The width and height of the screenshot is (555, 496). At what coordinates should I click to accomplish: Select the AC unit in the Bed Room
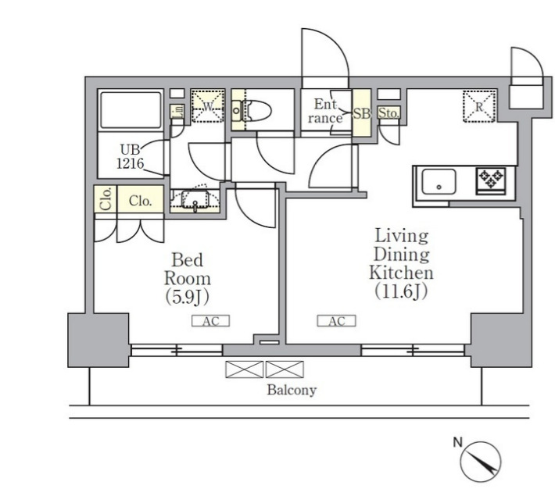[210, 321]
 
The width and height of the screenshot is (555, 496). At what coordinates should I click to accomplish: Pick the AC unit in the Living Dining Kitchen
[336, 321]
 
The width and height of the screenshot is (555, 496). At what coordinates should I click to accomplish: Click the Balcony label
[292, 390]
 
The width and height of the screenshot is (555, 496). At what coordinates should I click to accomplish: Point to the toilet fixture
[252, 111]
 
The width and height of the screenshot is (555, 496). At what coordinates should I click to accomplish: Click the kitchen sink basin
[439, 181]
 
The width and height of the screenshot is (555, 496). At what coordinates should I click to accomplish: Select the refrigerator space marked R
[479, 106]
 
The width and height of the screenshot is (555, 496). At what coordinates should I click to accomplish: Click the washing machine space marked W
[208, 106]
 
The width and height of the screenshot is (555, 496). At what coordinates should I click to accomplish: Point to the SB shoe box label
[362, 113]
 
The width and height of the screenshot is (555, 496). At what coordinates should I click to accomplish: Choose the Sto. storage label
[388, 113]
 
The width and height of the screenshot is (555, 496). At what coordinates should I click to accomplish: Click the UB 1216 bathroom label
[131, 156]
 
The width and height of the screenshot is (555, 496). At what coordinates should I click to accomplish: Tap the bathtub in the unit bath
[131, 110]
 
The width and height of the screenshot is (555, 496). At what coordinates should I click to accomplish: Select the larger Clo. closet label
[140, 201]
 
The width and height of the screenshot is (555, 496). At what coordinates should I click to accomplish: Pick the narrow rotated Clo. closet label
[106, 199]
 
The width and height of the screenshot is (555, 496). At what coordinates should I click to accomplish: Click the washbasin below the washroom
[195, 200]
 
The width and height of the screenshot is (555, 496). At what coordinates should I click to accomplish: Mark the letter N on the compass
[458, 442]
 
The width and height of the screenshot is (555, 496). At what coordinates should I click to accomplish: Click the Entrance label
[325, 111]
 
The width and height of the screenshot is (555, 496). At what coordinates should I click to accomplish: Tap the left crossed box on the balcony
[244, 369]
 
